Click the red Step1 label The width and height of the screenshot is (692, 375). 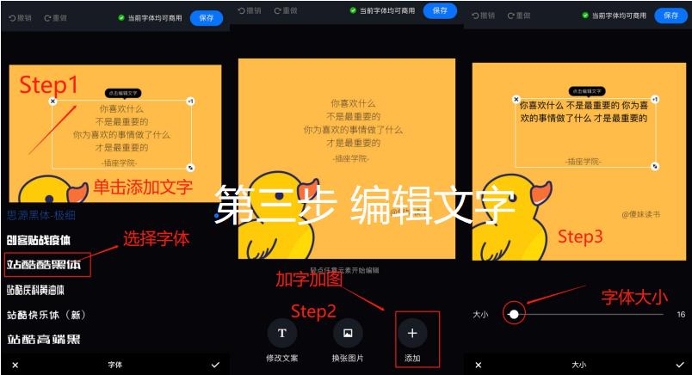49,84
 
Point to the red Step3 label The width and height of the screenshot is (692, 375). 580,236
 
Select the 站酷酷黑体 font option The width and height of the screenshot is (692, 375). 44,264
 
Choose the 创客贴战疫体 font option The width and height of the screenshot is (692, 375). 39,239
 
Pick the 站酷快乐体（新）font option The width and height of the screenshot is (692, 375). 46,315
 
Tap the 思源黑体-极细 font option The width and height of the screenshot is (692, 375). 41,215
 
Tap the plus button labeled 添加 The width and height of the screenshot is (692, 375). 412,333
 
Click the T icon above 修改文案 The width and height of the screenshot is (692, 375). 281,333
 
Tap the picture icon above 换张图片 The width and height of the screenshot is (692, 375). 348,333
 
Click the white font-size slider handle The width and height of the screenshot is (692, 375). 514,314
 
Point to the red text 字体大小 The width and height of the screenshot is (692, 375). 635,298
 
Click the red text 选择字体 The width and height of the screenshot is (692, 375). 156,238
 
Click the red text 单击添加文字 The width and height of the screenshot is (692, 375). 143,187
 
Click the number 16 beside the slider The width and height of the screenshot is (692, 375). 681,314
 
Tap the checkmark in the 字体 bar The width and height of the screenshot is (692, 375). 215,365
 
